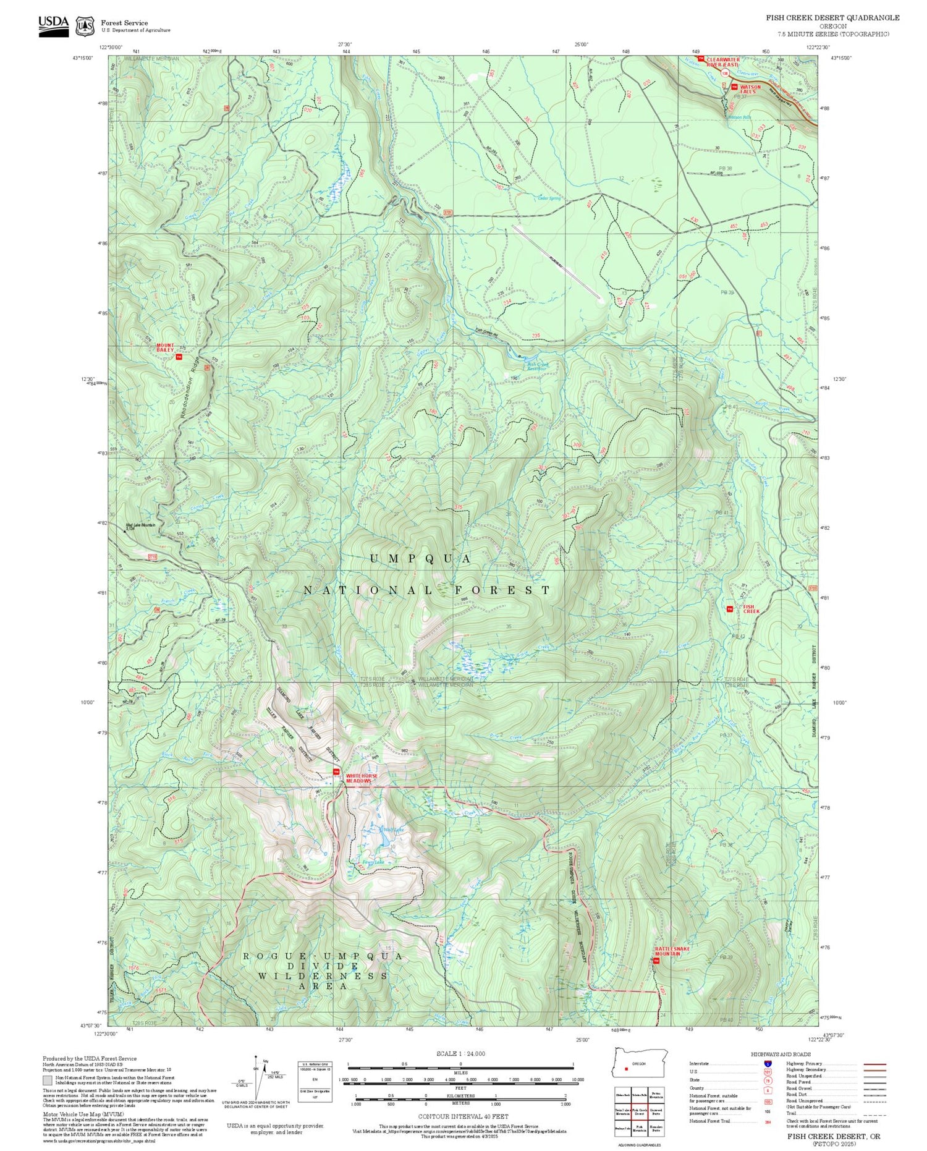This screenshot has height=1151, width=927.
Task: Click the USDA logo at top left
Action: tap(53, 25)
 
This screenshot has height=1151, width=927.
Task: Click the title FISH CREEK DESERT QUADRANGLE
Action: tap(832, 17)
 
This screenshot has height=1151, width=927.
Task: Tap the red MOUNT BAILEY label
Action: tap(165, 348)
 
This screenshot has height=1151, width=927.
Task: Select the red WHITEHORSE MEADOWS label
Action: tap(358, 778)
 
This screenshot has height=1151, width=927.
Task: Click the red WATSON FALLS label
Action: tap(750, 89)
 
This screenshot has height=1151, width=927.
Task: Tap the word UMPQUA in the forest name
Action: tap(420, 559)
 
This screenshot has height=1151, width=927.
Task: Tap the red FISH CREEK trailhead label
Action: tap(751, 609)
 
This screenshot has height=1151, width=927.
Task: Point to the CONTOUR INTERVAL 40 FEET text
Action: tap(463, 1117)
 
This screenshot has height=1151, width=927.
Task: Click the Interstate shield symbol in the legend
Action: tap(768, 1064)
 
